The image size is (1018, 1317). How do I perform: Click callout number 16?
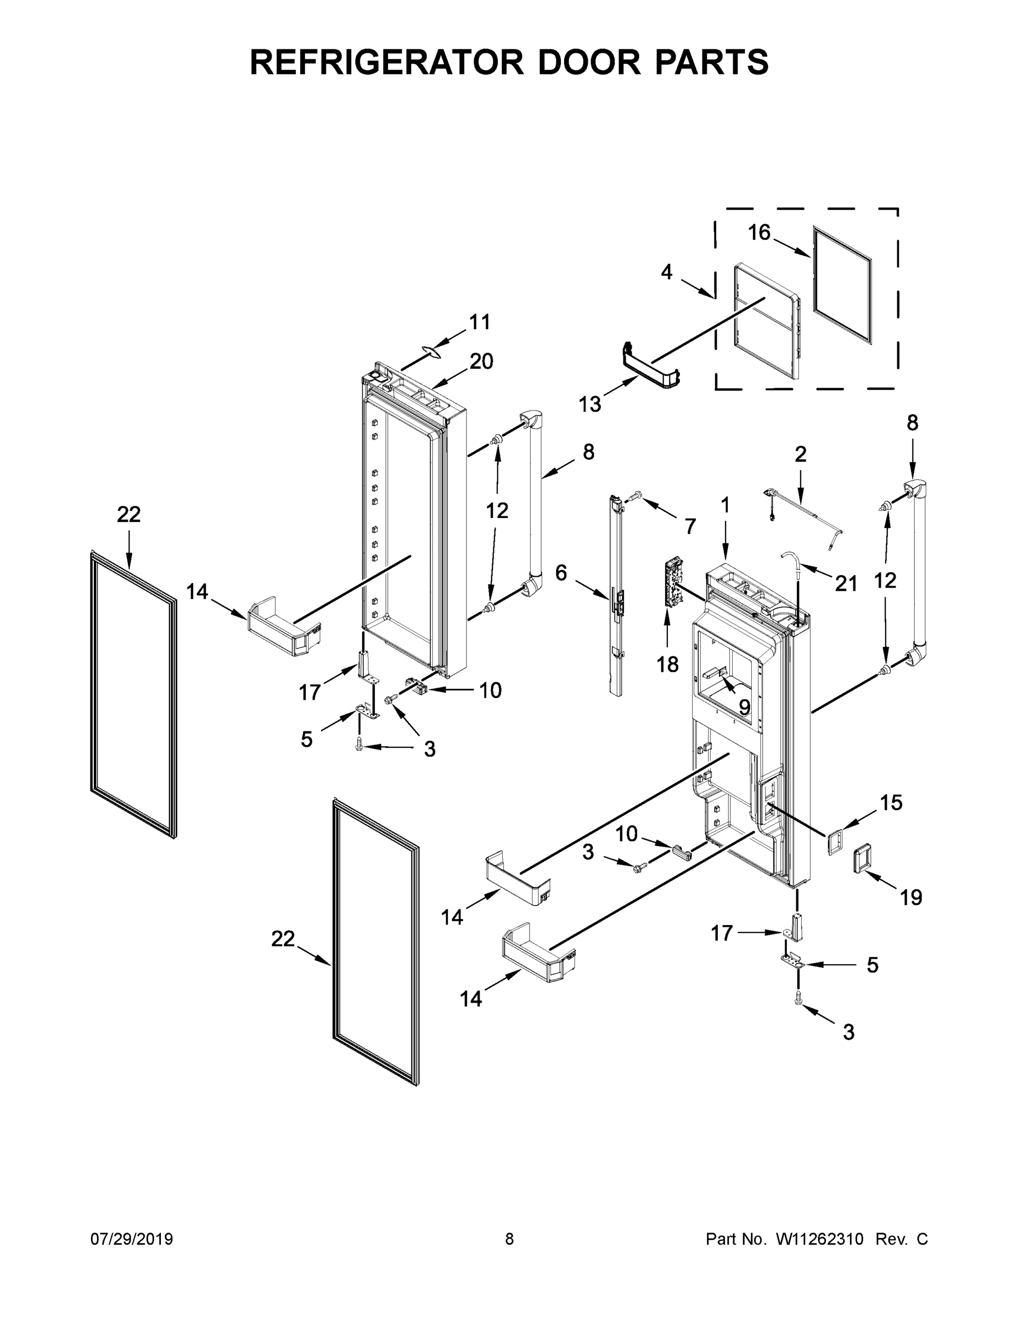click(760, 232)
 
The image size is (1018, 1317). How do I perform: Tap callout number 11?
click(480, 323)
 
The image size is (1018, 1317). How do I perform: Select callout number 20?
click(481, 362)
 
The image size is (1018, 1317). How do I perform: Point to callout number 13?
click(590, 404)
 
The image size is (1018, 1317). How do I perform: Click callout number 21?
click(846, 583)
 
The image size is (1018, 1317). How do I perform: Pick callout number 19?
click(911, 915)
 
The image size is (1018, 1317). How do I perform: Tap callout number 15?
click(891, 803)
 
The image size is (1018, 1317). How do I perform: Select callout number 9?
click(744, 707)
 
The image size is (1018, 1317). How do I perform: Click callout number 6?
click(561, 573)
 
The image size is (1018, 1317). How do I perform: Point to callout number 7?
click(690, 526)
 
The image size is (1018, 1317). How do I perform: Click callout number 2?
click(800, 454)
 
